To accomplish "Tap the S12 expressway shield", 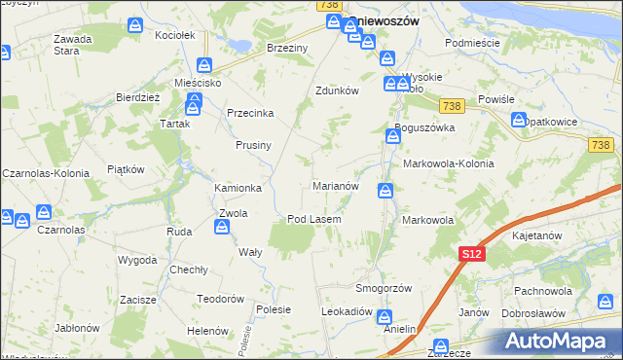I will (x=471, y=254).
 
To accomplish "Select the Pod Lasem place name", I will (x=313, y=219).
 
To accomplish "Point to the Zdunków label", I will (x=338, y=90).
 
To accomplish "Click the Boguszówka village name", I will (x=425, y=127).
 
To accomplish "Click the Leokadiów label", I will (x=348, y=311).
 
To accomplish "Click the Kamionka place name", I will (x=238, y=188).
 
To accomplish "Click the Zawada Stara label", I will (x=73, y=45).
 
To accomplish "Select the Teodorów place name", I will (x=220, y=299).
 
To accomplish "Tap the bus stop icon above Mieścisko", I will (x=205, y=65).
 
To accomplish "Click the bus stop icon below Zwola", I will (x=222, y=228).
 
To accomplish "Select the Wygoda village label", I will (x=137, y=261).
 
